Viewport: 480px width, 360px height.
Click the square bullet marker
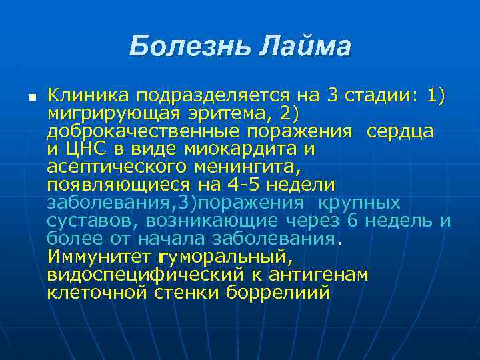coord(31,97)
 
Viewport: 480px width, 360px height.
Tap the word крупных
coord(359,203)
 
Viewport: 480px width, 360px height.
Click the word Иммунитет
coord(99,257)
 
